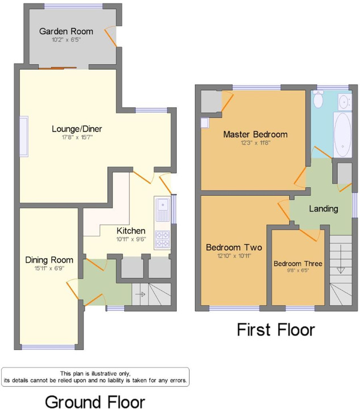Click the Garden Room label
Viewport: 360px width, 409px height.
(x=66, y=31)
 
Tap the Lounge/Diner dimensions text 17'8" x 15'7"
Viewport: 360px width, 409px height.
(x=77, y=137)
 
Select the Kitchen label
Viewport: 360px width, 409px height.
(x=131, y=231)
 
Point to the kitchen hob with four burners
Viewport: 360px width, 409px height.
(x=162, y=240)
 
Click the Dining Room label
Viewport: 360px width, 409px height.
(x=49, y=260)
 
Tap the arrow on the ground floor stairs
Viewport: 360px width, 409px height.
(x=140, y=294)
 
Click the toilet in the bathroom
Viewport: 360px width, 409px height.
(x=319, y=99)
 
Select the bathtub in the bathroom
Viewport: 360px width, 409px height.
(x=342, y=135)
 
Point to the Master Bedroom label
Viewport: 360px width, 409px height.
(x=256, y=134)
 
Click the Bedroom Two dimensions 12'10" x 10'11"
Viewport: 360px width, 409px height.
(x=234, y=256)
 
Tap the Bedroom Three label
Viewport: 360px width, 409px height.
(x=298, y=264)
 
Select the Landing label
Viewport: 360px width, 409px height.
(x=324, y=208)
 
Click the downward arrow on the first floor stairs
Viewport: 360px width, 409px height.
(x=341, y=259)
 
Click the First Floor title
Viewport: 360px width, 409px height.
(x=276, y=329)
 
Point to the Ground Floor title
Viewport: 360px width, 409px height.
(x=95, y=402)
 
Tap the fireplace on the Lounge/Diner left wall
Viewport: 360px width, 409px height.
(x=24, y=137)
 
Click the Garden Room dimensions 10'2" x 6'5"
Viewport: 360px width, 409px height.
(x=66, y=40)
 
